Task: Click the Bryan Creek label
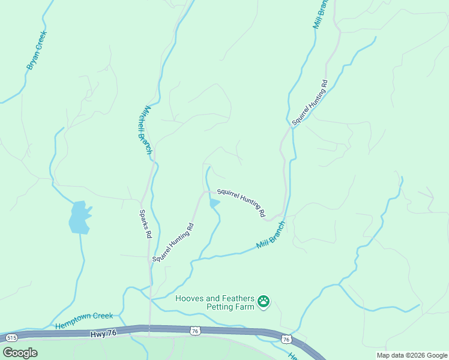[x=37, y=50]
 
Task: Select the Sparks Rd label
[x=144, y=224]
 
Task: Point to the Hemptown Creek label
[x=84, y=320]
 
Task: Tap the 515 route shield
[x=10, y=338]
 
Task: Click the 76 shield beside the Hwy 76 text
[x=194, y=331]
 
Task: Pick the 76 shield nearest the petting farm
[x=286, y=340]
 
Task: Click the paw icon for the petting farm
[x=264, y=301]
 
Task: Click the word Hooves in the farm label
[x=190, y=298]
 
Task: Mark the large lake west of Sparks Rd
[x=79, y=217]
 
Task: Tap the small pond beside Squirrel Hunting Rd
[x=214, y=203]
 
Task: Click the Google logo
[x=20, y=352]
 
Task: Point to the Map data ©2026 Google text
[x=412, y=355]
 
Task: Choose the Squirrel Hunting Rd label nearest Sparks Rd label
[x=173, y=242]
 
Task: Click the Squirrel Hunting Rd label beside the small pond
[x=241, y=203]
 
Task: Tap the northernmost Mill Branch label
[x=321, y=14]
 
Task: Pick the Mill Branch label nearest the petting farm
[x=270, y=235]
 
